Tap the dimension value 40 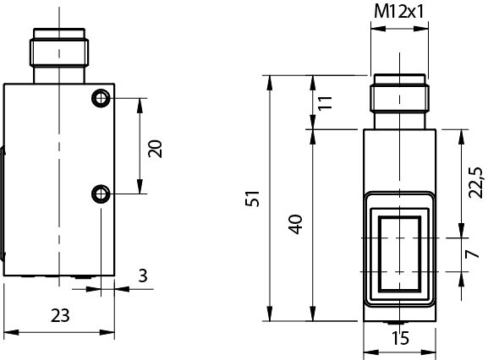point(295,225)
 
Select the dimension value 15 point(400,339)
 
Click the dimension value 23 point(58,316)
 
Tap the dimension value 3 point(142,275)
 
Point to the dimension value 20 point(155,148)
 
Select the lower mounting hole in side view point(101,195)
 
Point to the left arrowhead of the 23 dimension point(7,331)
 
